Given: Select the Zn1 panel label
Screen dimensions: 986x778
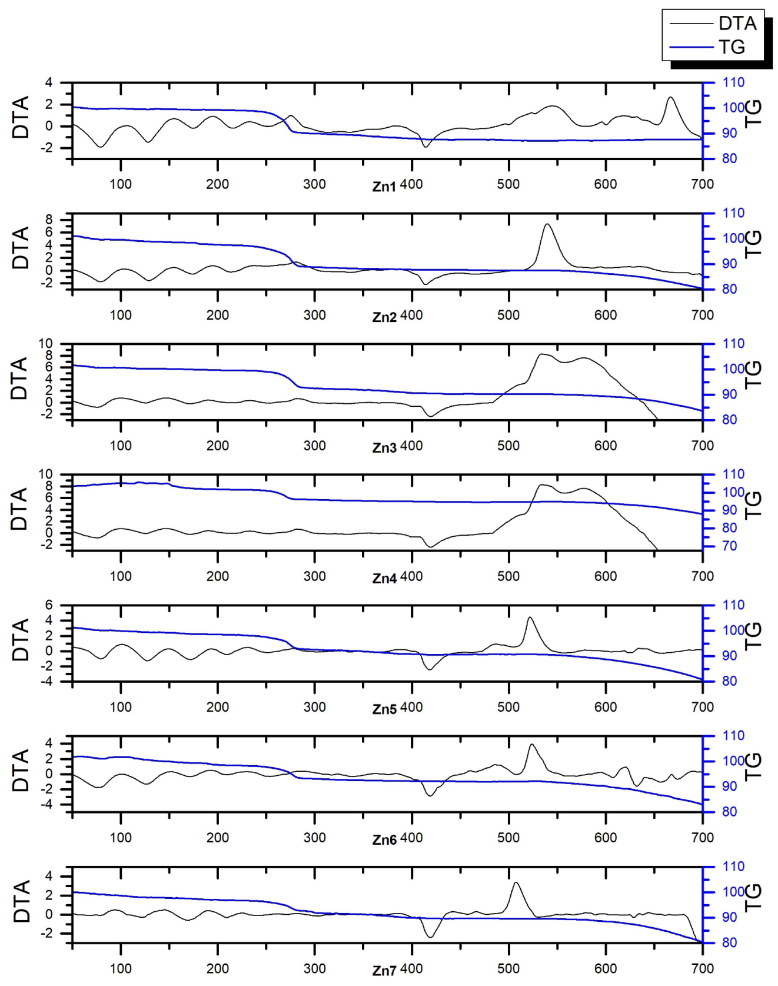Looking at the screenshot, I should point(384,187).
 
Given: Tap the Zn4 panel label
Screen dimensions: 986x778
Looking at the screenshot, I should point(384,579).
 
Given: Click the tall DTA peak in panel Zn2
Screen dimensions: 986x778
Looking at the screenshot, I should point(547,224).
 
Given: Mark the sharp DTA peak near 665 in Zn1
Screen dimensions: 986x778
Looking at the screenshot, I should point(670,98).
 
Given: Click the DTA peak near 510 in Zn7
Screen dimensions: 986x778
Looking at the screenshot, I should point(516,882).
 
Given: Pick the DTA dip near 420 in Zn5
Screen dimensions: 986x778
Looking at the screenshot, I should point(429,669).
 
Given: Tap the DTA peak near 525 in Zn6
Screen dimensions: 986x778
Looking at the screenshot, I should point(532,745).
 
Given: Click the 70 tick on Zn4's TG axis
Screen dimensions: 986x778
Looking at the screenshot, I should point(729,546).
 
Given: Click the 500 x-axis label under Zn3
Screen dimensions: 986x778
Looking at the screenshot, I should point(508,446).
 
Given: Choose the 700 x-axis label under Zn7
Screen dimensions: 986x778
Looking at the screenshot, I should point(702,968).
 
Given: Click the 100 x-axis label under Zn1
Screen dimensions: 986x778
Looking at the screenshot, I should point(121,184).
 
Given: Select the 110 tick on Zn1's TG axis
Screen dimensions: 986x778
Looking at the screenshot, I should point(733,82).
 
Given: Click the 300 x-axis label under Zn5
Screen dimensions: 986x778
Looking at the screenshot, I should point(314,707).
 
